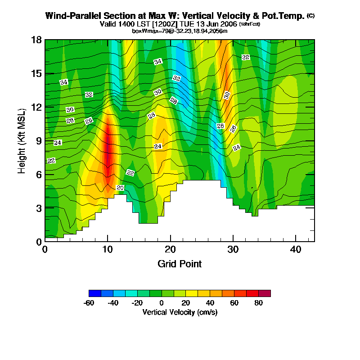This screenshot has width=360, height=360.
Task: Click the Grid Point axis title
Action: click(180, 264)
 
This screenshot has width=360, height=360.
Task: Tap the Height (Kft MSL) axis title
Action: click(22, 141)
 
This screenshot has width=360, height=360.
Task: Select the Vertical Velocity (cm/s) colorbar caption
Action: click(180, 312)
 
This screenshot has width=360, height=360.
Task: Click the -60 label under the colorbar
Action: click(89, 303)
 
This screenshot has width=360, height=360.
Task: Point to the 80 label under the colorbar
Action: click(258, 303)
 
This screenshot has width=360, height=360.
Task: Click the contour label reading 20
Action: click(120, 187)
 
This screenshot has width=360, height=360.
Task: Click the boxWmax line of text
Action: click(180, 31)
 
